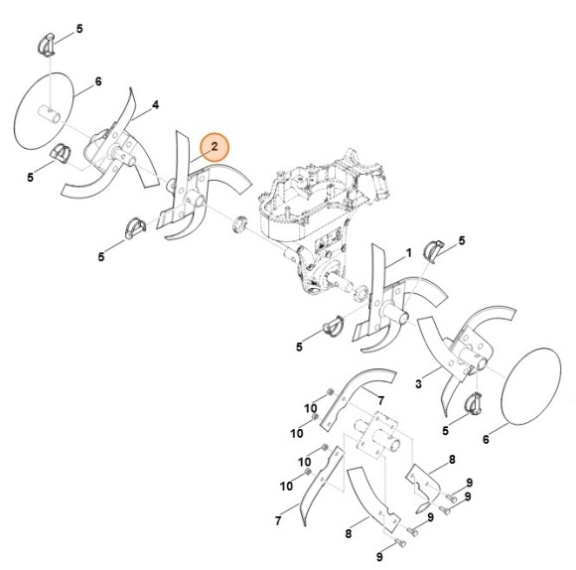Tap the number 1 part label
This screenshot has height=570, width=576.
407,256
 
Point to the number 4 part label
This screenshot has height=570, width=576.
156,104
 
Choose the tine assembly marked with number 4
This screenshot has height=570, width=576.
109,149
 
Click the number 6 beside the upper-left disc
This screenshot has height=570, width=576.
97,81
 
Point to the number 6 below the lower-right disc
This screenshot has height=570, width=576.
486,439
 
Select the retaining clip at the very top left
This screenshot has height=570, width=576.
50,43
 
